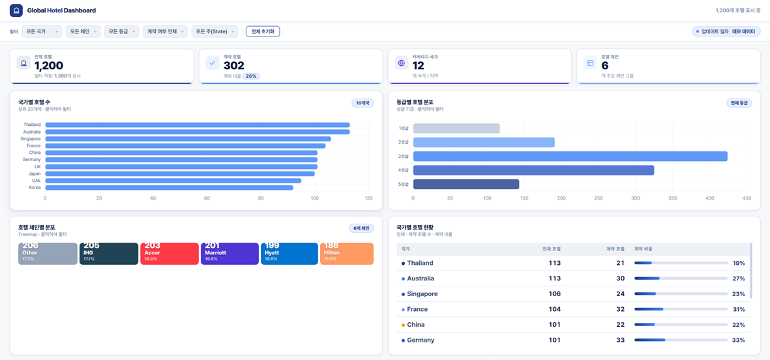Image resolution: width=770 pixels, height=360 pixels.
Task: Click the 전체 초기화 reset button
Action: pos(262,31)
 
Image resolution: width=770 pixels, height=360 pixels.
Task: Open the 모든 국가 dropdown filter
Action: pos(42,31)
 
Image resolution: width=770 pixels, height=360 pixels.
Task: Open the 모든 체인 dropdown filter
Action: pos(83,31)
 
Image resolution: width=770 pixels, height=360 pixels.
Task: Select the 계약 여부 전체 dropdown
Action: pos(165,31)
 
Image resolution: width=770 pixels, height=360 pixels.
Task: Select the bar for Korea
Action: pos(169,188)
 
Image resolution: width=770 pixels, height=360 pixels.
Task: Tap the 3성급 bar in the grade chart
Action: pos(570,157)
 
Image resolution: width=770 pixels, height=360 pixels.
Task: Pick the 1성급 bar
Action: pos(456,128)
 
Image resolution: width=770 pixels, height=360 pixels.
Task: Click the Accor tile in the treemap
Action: pos(170,254)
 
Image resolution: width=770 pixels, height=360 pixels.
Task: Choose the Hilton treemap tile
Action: pos(346,254)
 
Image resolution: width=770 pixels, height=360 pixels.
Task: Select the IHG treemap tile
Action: pos(108,254)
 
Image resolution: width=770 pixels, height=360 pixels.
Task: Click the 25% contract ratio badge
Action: pos(251,76)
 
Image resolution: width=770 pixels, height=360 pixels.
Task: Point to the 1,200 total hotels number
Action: pos(49,66)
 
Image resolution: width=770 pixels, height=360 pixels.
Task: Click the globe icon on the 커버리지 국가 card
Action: pos(401,63)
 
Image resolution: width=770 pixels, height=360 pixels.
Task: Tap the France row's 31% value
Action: pos(738,309)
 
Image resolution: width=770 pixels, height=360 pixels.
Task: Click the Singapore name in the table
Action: pos(422,294)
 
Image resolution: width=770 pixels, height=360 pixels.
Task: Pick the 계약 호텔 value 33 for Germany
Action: pos(620,340)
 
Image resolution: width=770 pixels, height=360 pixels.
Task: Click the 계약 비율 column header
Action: pos(644,249)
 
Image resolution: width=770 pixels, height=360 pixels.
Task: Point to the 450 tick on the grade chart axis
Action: pos(747,198)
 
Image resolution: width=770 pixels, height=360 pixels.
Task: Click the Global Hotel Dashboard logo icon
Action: pos(16,10)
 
